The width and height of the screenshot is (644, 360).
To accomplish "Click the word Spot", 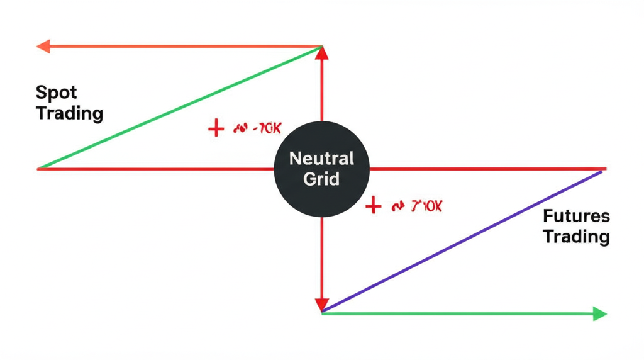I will click(x=57, y=93).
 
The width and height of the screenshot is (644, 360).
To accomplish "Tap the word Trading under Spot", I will click(x=69, y=114).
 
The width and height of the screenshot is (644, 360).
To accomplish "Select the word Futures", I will click(x=576, y=217).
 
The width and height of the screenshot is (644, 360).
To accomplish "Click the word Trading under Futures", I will click(x=576, y=237).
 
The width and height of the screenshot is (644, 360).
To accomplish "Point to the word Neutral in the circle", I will click(x=321, y=158).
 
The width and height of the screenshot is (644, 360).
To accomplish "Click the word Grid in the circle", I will click(x=321, y=179).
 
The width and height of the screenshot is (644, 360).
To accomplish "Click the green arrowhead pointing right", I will click(x=599, y=313).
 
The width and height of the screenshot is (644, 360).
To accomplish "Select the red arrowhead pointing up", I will click(x=322, y=54).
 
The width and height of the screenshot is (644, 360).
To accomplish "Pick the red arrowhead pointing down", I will click(x=322, y=303).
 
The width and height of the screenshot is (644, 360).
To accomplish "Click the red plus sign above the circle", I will click(x=216, y=129).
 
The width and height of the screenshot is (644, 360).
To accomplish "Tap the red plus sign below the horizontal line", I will click(x=374, y=206).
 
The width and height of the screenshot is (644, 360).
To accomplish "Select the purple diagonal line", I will click(x=462, y=242).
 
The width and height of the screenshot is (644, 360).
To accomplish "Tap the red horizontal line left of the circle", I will click(x=157, y=169).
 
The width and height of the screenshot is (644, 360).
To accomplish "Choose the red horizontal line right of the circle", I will click(x=484, y=169).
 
